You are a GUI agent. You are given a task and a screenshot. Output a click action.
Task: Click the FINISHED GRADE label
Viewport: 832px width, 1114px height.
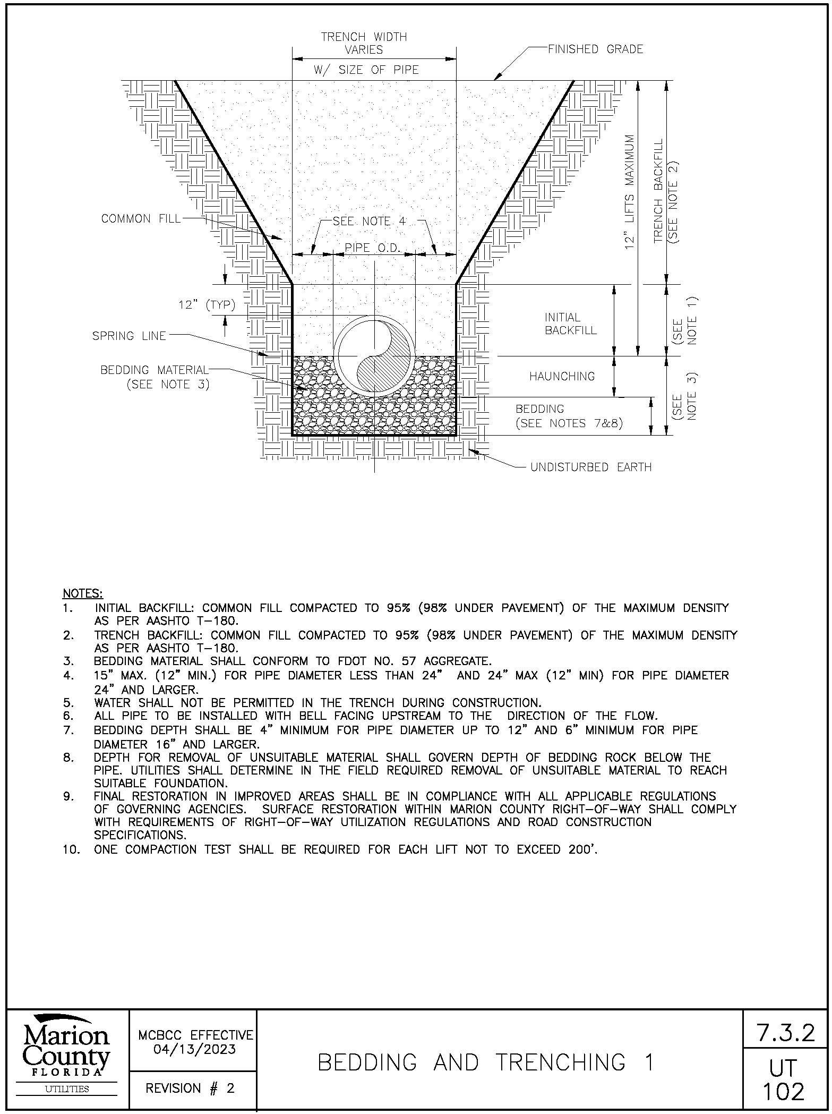595,49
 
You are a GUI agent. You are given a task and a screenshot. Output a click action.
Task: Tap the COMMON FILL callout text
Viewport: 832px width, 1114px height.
141,219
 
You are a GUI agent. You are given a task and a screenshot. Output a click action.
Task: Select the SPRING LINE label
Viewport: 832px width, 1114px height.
129,336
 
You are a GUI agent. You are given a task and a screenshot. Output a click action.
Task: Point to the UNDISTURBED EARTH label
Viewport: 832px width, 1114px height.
591,467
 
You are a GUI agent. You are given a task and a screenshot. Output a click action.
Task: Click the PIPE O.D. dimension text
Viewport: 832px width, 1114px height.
372,248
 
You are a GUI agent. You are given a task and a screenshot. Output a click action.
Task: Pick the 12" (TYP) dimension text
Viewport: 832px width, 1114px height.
207,305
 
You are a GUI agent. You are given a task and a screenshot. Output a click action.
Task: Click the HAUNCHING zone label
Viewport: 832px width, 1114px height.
562,377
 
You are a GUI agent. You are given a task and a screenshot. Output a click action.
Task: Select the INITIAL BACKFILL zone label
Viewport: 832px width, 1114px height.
570,324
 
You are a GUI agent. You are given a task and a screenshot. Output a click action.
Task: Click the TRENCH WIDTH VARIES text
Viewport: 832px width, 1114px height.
364,43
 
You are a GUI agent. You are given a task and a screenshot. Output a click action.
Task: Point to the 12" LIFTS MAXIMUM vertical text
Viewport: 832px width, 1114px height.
630,191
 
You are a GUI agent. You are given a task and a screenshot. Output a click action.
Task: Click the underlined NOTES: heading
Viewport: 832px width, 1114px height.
83,593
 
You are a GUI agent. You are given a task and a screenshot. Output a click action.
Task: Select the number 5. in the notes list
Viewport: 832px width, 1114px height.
67,703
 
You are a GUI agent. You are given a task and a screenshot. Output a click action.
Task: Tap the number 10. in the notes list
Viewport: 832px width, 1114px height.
71,849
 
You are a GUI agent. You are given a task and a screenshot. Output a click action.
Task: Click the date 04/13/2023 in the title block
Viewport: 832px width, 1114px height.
195,1050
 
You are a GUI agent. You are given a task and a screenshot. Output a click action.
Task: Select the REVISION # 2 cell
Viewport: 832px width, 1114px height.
190,1088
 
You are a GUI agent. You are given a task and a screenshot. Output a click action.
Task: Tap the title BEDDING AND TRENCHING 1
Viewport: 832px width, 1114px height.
485,1062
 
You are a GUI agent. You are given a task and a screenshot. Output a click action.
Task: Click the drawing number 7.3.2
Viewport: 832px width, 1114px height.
785,1033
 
